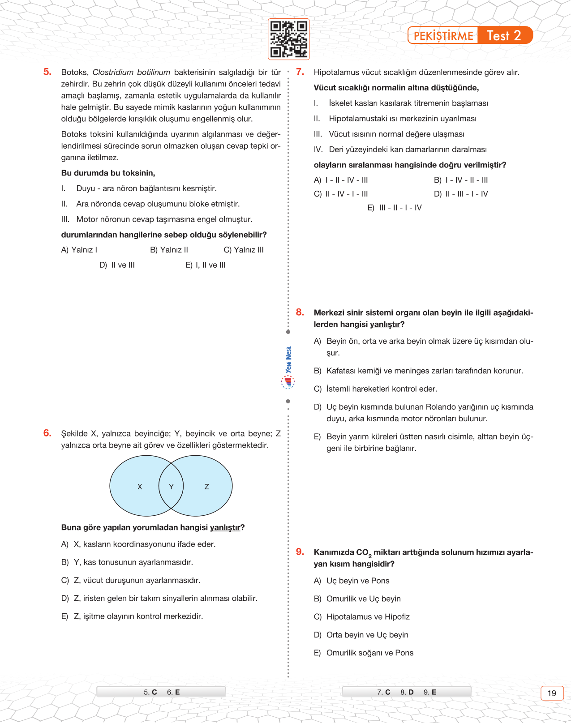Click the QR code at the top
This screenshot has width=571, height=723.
click(x=288, y=39)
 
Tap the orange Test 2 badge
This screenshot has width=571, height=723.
click(x=504, y=35)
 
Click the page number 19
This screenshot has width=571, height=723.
click(x=552, y=693)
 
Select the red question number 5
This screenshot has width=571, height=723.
click(x=47, y=72)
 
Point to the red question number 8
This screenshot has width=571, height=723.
click(x=300, y=312)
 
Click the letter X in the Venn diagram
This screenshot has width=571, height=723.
click(x=140, y=487)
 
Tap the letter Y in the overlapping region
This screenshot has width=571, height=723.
click(x=171, y=487)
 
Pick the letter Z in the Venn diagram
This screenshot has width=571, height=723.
click(x=206, y=487)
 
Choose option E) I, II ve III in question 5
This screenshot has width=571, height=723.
click(x=206, y=265)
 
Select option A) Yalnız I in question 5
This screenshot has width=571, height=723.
click(x=79, y=250)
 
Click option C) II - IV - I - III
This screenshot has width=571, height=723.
click(x=341, y=194)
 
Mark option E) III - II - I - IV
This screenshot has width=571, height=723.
click(x=395, y=208)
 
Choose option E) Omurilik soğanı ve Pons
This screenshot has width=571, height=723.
click(x=364, y=653)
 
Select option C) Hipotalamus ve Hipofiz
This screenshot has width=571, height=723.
click(x=362, y=617)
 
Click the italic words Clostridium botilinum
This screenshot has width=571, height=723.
click(x=131, y=73)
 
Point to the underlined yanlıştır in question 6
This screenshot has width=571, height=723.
click(x=225, y=528)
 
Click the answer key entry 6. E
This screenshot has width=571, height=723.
click(x=173, y=692)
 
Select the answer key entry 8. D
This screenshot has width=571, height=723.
click(x=407, y=692)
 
